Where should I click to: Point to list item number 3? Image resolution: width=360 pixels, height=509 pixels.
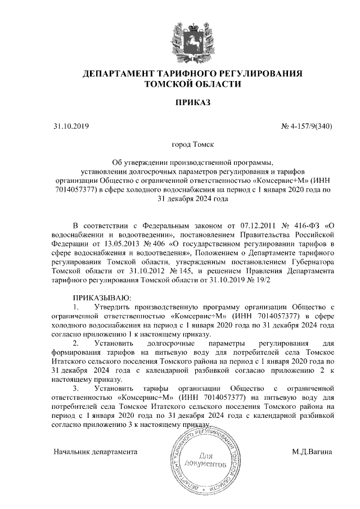[x=76, y=388]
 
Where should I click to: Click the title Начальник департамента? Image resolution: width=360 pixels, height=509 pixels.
[x=96, y=452]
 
